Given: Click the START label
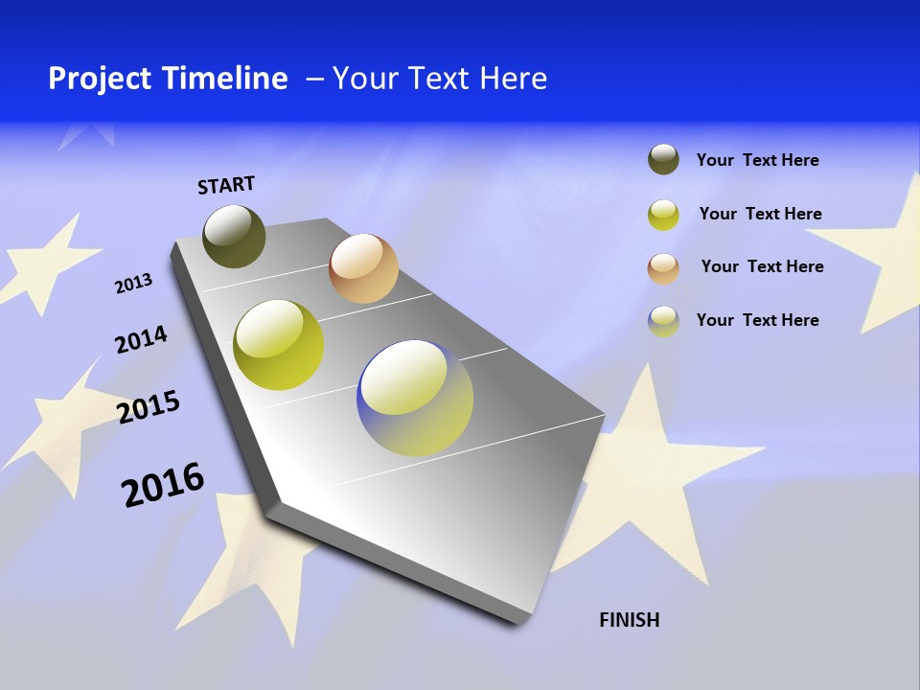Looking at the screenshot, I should pos(226,184).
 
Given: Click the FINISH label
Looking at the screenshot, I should pos(629,620).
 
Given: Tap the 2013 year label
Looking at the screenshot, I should pos(133,284).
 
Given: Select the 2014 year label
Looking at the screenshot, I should pos(141,339).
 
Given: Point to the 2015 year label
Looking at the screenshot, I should pos(149,407).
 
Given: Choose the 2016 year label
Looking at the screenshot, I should pos(163,484).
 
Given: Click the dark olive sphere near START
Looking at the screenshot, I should pos(234,236).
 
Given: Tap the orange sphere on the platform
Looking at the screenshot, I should pos(363,268).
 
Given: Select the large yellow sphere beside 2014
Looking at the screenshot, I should pos(278,345).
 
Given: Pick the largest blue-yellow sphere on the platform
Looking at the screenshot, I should pos(415,397).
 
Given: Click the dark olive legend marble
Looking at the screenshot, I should pos(663,160).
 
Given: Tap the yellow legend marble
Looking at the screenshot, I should pos(663,215).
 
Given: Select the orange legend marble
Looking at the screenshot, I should pos(663,268).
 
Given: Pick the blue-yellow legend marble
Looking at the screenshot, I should pos(663,321).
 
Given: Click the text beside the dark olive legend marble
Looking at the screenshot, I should pos(757,160).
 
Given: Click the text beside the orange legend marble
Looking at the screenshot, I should pos(762,266).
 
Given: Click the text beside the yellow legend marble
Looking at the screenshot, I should pos(760,214).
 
